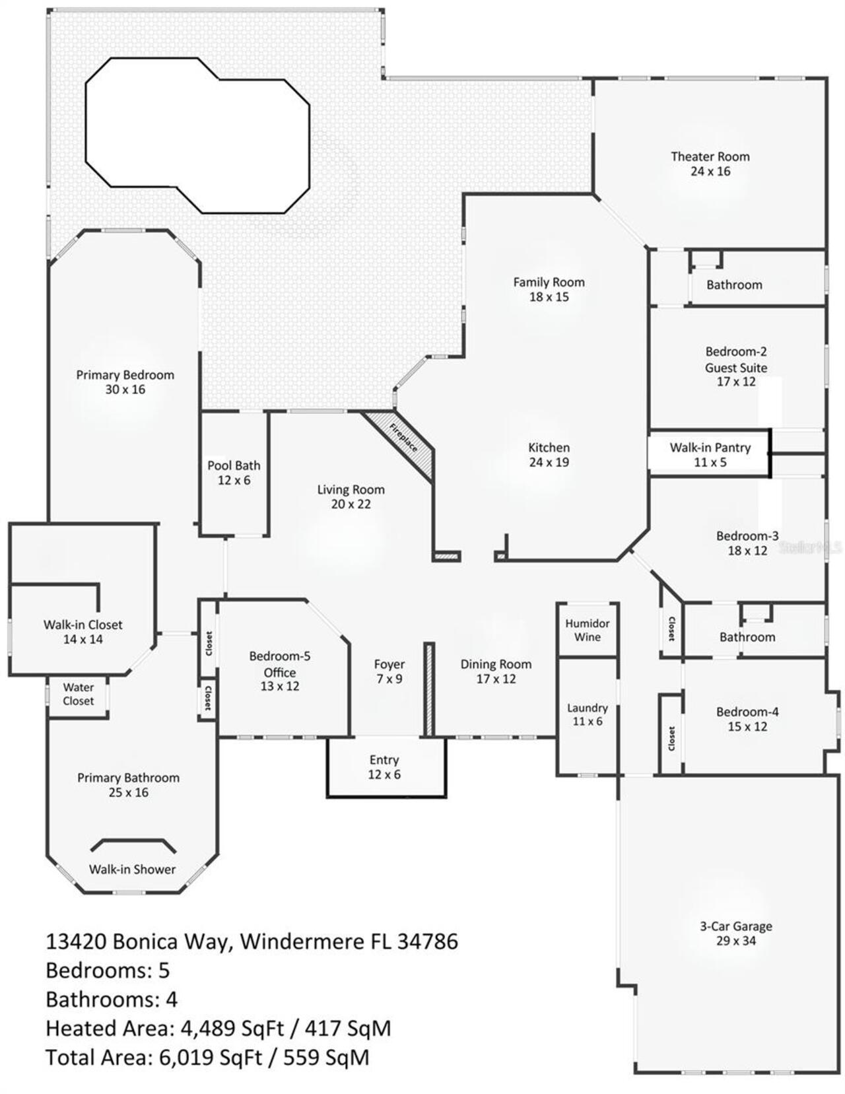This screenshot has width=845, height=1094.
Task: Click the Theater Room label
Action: pyautogui.click(x=710, y=157)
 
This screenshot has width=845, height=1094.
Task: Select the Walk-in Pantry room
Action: pyautogui.click(x=710, y=454)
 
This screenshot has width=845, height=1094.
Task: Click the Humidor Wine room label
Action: pyautogui.click(x=587, y=630)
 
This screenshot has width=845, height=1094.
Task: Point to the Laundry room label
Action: pyautogui.click(x=587, y=708)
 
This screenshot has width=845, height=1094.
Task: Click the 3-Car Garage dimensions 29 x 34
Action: pyautogui.click(x=735, y=941)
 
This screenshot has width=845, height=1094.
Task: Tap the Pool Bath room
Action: pyautogui.click(x=234, y=473)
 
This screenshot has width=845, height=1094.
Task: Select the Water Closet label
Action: pyautogui.click(x=78, y=694)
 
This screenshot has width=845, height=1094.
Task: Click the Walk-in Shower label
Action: pyautogui.click(x=132, y=870)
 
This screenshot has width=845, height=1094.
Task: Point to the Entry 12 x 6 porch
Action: pyautogui.click(x=384, y=767)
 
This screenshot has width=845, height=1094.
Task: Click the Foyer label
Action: pyautogui.click(x=389, y=664)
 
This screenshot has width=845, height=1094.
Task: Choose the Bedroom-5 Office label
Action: pyautogui.click(x=279, y=664)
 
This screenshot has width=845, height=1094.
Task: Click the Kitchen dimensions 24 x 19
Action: pyautogui.click(x=549, y=463)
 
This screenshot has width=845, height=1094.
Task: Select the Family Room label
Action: pyautogui.click(x=549, y=283)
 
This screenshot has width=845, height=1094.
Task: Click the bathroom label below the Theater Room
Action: pyautogui.click(x=734, y=285)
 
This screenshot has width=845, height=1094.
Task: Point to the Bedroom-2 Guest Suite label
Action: pyautogui.click(x=735, y=360)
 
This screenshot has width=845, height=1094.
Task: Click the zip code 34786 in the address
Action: pyautogui.click(x=427, y=941)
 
